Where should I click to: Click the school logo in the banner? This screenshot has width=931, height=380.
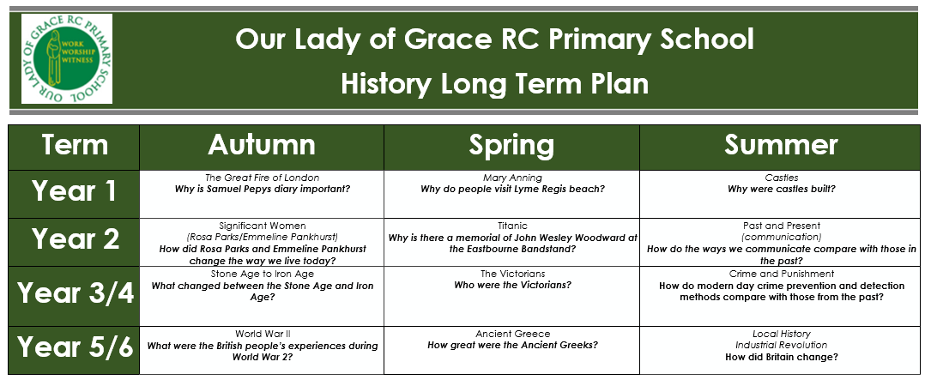coord(67,59)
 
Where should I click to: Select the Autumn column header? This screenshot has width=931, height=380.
coord(262,145)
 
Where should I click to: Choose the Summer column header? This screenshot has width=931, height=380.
coord(781,145)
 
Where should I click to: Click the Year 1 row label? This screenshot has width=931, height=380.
coord(74,191)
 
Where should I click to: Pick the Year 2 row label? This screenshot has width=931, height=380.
coord(76,239)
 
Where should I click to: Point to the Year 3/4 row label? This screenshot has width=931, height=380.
coord(76,293)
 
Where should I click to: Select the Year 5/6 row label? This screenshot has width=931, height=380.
coord(76,347)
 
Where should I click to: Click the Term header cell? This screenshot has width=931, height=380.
coord(74,145)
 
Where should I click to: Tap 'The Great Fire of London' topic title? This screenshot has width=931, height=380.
coord(262,178)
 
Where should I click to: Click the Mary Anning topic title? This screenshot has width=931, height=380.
coord(511,178)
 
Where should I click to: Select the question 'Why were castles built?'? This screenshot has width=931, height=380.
coord(782,190)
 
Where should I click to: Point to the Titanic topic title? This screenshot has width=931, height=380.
coord(512,226)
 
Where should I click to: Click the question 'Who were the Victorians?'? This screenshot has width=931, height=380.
coord(512,285)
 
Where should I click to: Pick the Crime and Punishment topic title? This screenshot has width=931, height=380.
coord(782,274)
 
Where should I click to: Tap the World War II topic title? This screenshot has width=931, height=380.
coord(263,334)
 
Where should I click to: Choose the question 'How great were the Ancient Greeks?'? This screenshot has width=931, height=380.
coord(512,345)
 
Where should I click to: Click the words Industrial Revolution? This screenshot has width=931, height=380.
coord(782,345)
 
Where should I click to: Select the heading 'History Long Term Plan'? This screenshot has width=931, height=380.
coord(494,84)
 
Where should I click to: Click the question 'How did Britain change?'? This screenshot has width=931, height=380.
coord(782,357)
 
